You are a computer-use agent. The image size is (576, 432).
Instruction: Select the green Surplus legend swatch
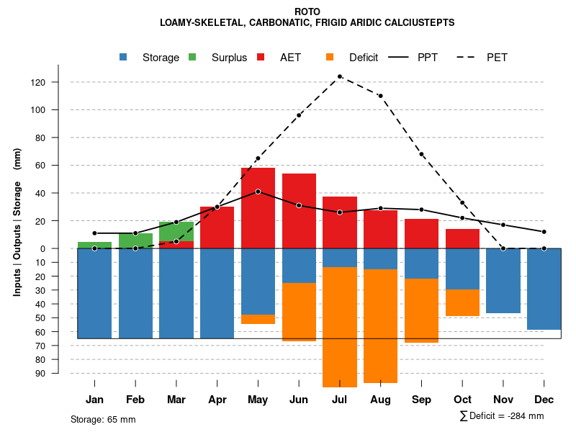(192, 57)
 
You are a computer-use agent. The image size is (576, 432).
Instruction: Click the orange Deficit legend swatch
(330, 57)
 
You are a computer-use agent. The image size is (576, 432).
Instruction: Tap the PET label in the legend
(497, 58)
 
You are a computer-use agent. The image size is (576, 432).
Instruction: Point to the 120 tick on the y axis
(58, 82)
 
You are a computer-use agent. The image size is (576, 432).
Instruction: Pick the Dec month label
(544, 399)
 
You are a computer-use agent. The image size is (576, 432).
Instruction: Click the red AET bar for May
(258, 209)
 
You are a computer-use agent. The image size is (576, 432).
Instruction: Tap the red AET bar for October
(462, 238)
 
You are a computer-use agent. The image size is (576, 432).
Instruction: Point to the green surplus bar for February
(135, 240)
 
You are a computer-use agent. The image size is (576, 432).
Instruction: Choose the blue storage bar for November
(503, 281)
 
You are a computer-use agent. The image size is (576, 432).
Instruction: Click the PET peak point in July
(340, 76)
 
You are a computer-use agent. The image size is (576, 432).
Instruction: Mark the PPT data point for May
(258, 192)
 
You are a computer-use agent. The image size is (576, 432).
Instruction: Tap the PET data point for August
(380, 96)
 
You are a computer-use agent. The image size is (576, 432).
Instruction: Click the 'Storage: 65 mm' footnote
(103, 419)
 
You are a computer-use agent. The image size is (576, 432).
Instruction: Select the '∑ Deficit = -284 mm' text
(502, 415)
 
